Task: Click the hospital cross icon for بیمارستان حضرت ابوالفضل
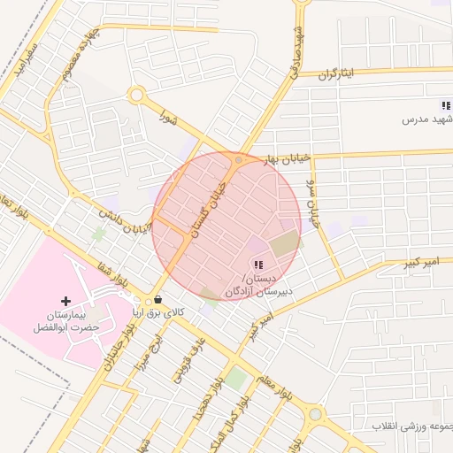click(65, 302)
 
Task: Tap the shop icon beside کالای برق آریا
click(157, 300)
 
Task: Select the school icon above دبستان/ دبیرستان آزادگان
click(257, 265)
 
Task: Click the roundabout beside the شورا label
click(136, 95)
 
